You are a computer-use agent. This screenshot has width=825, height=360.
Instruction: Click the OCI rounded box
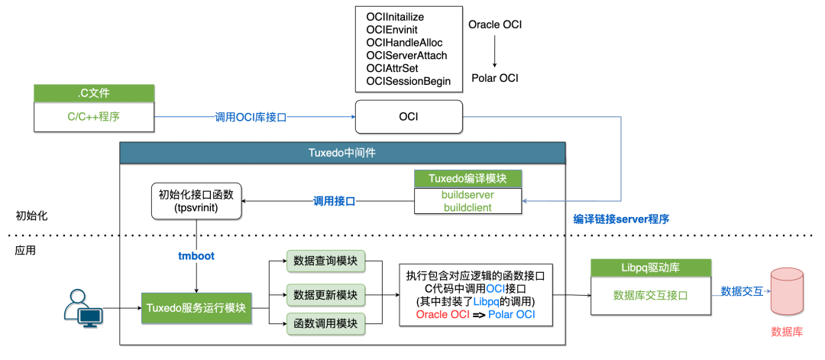tap(409, 117)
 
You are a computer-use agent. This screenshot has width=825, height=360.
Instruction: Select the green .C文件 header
tap(95, 93)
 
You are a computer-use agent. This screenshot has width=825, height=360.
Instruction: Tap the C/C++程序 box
tap(95, 116)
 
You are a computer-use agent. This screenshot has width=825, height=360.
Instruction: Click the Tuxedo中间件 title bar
tap(342, 153)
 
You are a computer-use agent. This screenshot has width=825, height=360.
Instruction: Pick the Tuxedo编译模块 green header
tap(467, 178)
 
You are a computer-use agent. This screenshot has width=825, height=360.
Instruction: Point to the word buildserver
tap(467, 195)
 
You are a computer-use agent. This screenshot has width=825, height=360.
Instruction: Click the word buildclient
tap(467, 207)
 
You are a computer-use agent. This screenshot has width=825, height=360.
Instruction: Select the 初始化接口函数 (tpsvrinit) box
tap(196, 200)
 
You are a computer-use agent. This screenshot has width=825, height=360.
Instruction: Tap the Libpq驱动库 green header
tap(651, 268)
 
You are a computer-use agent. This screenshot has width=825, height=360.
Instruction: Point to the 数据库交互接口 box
tap(651, 295)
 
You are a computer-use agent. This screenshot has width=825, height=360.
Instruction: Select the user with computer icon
tap(83, 309)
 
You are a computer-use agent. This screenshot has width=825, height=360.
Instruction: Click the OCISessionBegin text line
tap(408, 82)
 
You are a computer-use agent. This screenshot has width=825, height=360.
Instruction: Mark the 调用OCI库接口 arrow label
tap(251, 118)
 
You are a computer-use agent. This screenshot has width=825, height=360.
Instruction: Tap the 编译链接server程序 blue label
tap(621, 219)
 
